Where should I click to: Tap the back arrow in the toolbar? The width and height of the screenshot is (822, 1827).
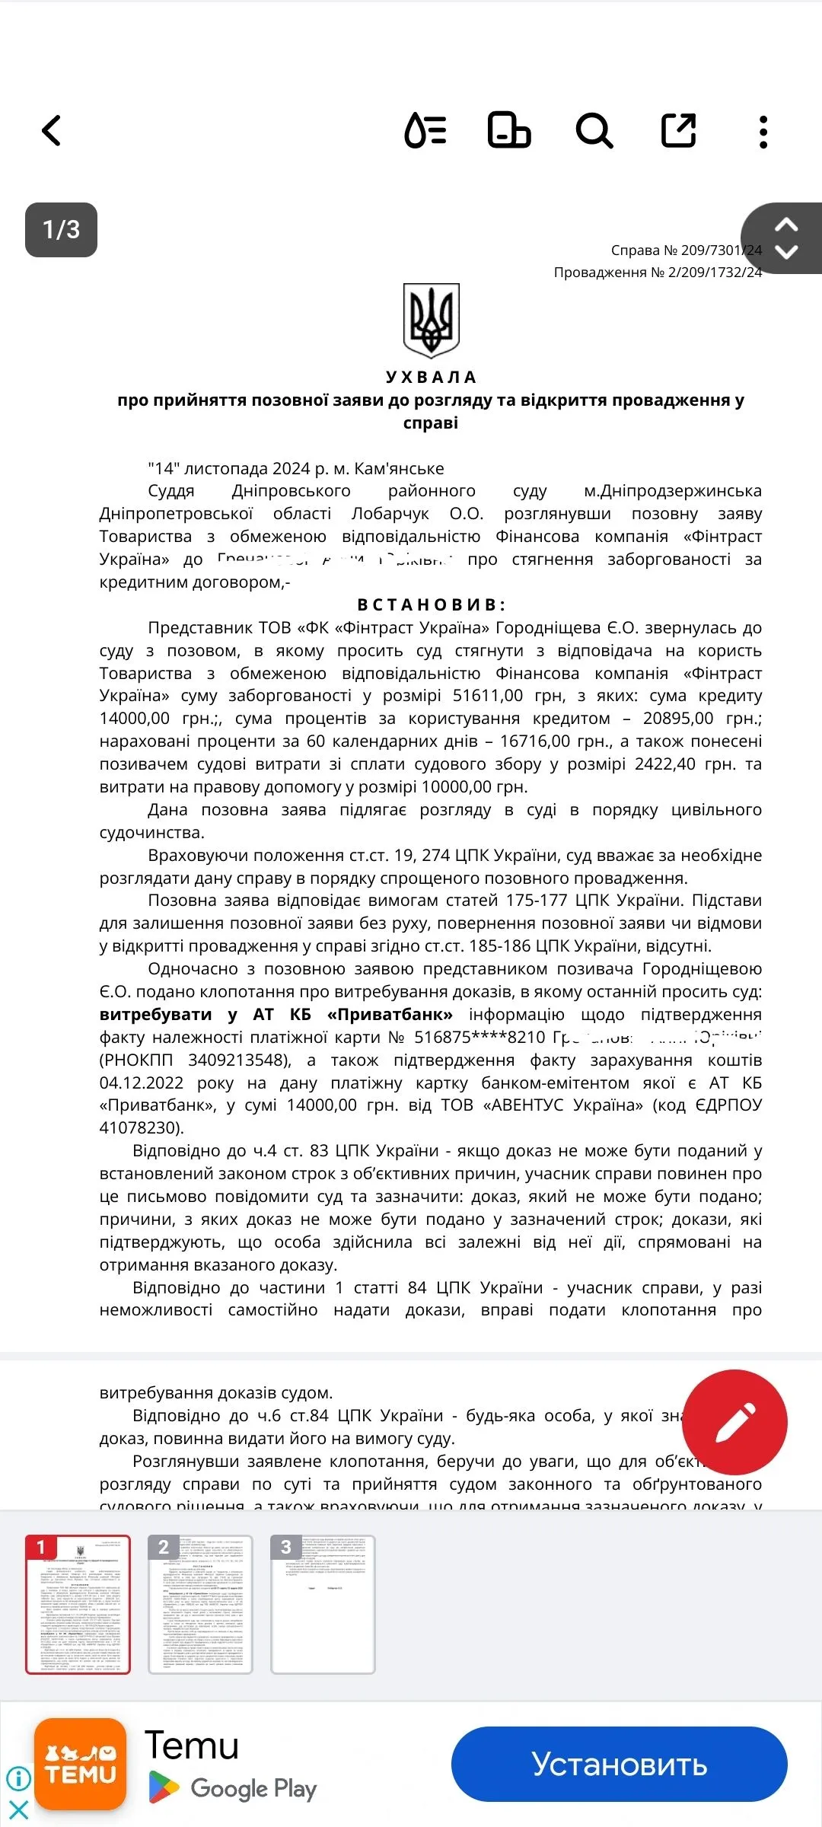[51, 131]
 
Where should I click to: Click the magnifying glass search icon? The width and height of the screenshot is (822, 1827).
[594, 131]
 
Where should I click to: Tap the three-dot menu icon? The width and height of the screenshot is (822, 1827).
[763, 132]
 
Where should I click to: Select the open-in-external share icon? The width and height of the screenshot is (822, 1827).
[678, 130]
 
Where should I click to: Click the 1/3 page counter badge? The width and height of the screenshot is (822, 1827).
[61, 229]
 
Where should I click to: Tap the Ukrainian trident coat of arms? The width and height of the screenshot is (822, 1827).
[431, 320]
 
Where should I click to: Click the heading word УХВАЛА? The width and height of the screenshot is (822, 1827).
[431, 378]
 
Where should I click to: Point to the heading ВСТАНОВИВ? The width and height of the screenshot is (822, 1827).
[431, 605]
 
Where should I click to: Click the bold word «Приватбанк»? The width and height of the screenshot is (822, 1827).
[390, 1015]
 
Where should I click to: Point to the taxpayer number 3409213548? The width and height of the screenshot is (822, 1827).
[239, 1060]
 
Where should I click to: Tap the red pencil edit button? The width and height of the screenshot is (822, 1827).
[734, 1422]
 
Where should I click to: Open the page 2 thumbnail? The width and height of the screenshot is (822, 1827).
[200, 1604]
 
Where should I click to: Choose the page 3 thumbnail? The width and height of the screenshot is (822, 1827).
[323, 1604]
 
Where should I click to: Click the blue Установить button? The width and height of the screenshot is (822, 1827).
[619, 1765]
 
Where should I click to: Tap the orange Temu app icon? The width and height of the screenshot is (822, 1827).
[80, 1765]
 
